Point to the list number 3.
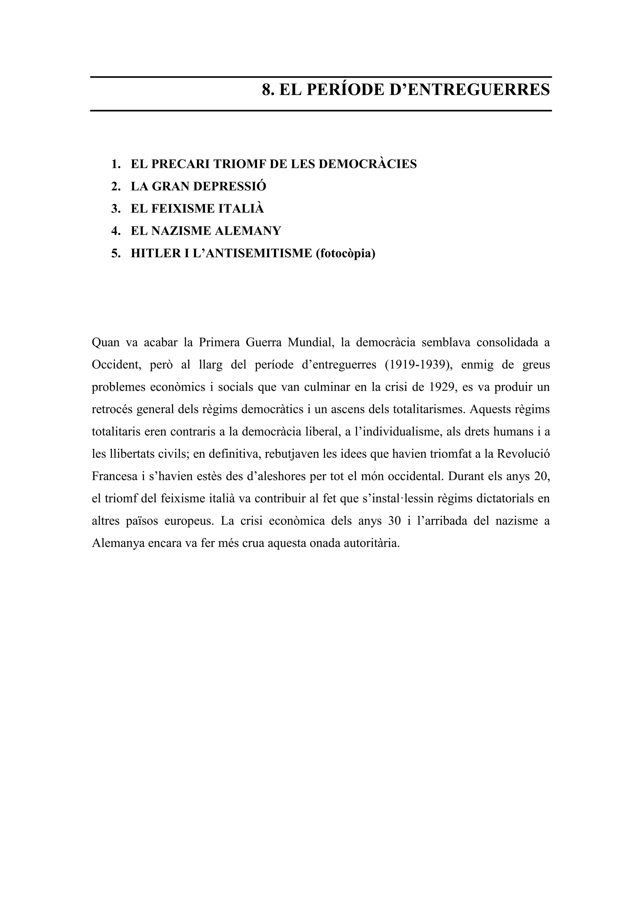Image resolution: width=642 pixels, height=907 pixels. tap(115, 209)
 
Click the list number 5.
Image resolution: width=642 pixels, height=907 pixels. tap(115, 253)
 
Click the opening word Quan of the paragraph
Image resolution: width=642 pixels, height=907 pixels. tap(106, 342)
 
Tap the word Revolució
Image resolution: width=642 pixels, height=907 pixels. tap(523, 454)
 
